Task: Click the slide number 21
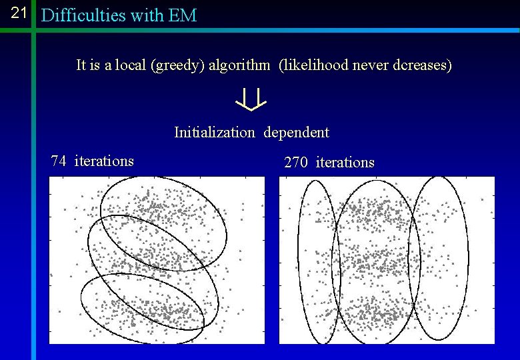[19, 13]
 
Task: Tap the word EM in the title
[183, 15]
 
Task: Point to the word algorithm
[239, 65]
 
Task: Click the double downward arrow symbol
[251, 99]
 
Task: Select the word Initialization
[214, 132]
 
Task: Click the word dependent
[296, 132]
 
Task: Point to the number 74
[59, 161]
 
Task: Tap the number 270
[296, 162]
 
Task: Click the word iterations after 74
[104, 161]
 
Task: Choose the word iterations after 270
[345, 162]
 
